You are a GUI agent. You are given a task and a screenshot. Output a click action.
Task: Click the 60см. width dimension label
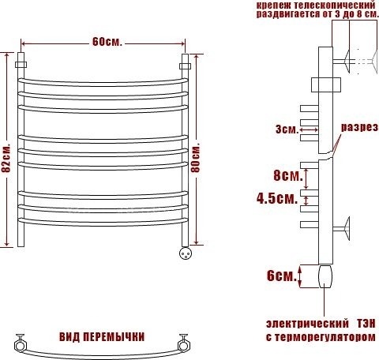(x=107, y=42)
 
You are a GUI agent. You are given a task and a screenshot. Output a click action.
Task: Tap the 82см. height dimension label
(x=6, y=158)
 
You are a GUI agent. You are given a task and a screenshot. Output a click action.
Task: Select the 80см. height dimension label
(x=195, y=158)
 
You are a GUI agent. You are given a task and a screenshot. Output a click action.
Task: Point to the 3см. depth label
(x=287, y=129)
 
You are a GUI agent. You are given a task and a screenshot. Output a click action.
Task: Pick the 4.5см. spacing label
(x=277, y=198)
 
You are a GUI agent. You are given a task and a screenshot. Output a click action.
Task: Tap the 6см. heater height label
(x=281, y=276)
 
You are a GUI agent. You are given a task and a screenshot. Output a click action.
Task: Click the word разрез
(x=360, y=127)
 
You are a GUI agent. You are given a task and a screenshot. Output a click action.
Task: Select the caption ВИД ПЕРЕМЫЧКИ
(x=102, y=337)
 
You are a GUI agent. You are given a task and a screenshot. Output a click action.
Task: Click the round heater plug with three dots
(x=186, y=253)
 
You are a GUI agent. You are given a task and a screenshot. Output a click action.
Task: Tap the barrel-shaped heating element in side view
(x=325, y=276)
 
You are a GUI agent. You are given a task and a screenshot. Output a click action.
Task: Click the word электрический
(x=307, y=324)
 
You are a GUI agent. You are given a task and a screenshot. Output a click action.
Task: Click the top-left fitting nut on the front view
(x=21, y=65)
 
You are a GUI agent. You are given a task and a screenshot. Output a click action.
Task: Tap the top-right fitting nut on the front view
(x=186, y=66)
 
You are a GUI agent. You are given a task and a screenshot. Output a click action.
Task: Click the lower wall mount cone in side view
(x=347, y=228)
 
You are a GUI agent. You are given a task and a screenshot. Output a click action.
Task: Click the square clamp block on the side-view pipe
(x=326, y=84)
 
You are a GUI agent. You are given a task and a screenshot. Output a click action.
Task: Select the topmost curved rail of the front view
(x=103, y=83)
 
